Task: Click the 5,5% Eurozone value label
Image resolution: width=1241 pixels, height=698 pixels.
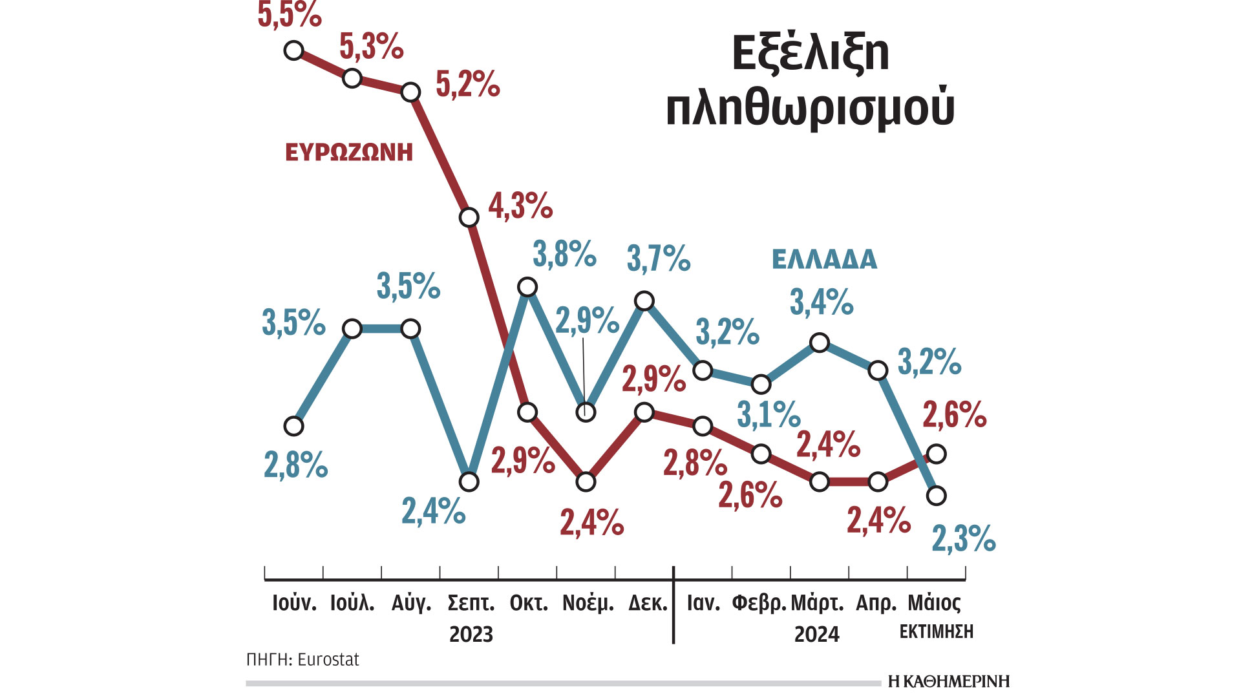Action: [289, 14]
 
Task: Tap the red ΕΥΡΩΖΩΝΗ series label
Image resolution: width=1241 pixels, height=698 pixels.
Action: [349, 153]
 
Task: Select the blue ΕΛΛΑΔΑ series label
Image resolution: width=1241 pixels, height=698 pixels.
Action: [825, 260]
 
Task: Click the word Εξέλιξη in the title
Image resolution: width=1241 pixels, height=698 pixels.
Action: [811, 53]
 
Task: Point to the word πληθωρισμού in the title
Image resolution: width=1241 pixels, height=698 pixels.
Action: [811, 108]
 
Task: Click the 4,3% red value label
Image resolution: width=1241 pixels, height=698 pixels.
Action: [520, 206]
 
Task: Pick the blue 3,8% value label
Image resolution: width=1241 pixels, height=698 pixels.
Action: [564, 254]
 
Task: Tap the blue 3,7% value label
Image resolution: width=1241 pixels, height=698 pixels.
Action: [659, 259]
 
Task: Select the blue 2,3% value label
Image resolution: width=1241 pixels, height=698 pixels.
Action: [963, 538]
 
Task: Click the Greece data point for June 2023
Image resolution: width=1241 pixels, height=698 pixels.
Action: [294, 426]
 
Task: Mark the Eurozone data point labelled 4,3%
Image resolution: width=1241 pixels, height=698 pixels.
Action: [469, 217]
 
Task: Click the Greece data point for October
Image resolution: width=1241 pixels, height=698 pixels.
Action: [528, 286]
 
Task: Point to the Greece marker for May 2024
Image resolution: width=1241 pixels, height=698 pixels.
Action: [937, 496]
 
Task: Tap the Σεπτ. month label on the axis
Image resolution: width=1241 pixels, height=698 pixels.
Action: [471, 604]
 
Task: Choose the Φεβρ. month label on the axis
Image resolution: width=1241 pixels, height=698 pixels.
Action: [759, 604]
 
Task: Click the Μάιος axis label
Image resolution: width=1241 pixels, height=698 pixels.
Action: [934, 604]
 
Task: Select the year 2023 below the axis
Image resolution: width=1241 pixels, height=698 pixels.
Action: [471, 635]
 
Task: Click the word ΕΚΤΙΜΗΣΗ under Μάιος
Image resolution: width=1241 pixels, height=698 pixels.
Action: [936, 632]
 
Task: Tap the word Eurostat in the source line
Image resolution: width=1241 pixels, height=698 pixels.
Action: [328, 660]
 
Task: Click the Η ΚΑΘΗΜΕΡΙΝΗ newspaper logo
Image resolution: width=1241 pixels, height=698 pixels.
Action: [948, 681]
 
